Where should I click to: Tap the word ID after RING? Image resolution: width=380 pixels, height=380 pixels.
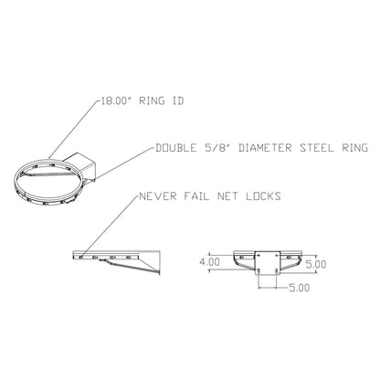178,100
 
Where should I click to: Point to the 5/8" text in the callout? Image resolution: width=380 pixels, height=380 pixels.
217,148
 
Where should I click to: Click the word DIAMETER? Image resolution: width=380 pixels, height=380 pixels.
265,148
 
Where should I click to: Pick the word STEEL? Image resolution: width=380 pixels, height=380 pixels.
316,148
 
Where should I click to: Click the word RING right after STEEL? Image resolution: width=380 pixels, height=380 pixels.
354,148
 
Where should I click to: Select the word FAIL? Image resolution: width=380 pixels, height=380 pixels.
196,195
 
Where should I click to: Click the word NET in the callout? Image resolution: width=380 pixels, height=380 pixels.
227,195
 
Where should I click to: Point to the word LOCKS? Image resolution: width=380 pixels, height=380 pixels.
263,195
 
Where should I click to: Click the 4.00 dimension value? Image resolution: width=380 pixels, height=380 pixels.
209,262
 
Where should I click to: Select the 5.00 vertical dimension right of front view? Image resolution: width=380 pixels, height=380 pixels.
316,264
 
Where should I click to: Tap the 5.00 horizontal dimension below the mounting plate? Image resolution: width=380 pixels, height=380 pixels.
299,288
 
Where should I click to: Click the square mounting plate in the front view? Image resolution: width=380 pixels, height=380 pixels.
267,263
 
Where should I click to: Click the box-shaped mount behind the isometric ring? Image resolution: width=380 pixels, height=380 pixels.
80,166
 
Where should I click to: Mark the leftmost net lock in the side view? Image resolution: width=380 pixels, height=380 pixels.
81,258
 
